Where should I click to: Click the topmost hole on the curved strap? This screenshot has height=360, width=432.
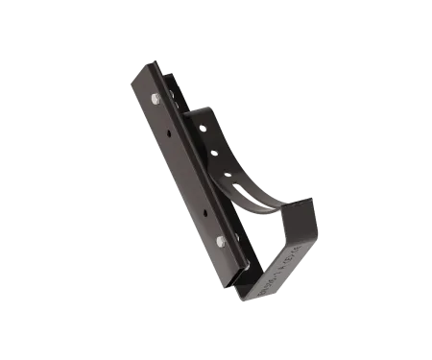tap(202, 126)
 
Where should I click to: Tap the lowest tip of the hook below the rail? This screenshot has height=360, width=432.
tap(252, 300)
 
